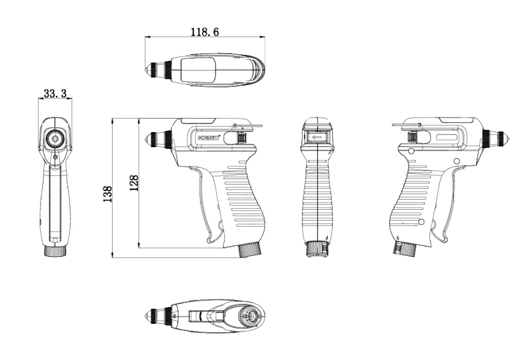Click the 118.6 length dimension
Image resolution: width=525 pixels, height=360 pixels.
pos(204,31)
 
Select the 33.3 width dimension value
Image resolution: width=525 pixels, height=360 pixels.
pos(55,93)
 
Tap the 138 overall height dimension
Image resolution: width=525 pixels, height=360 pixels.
pos(107,194)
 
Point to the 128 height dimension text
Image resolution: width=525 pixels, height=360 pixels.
pos(134,183)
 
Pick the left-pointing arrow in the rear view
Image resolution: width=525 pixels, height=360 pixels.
pos(316,138)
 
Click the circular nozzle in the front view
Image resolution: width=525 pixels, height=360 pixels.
pos(55,139)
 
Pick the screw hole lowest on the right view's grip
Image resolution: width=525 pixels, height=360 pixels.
pos(421,223)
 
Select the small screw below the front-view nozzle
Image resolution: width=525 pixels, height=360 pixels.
pos(55,157)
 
